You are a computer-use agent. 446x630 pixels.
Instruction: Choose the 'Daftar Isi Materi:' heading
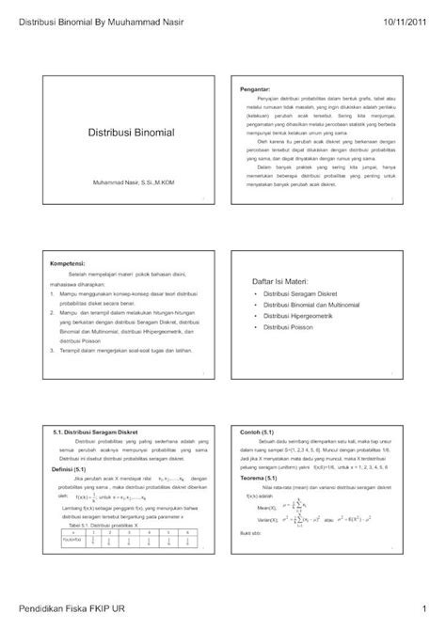pos(284,282)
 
